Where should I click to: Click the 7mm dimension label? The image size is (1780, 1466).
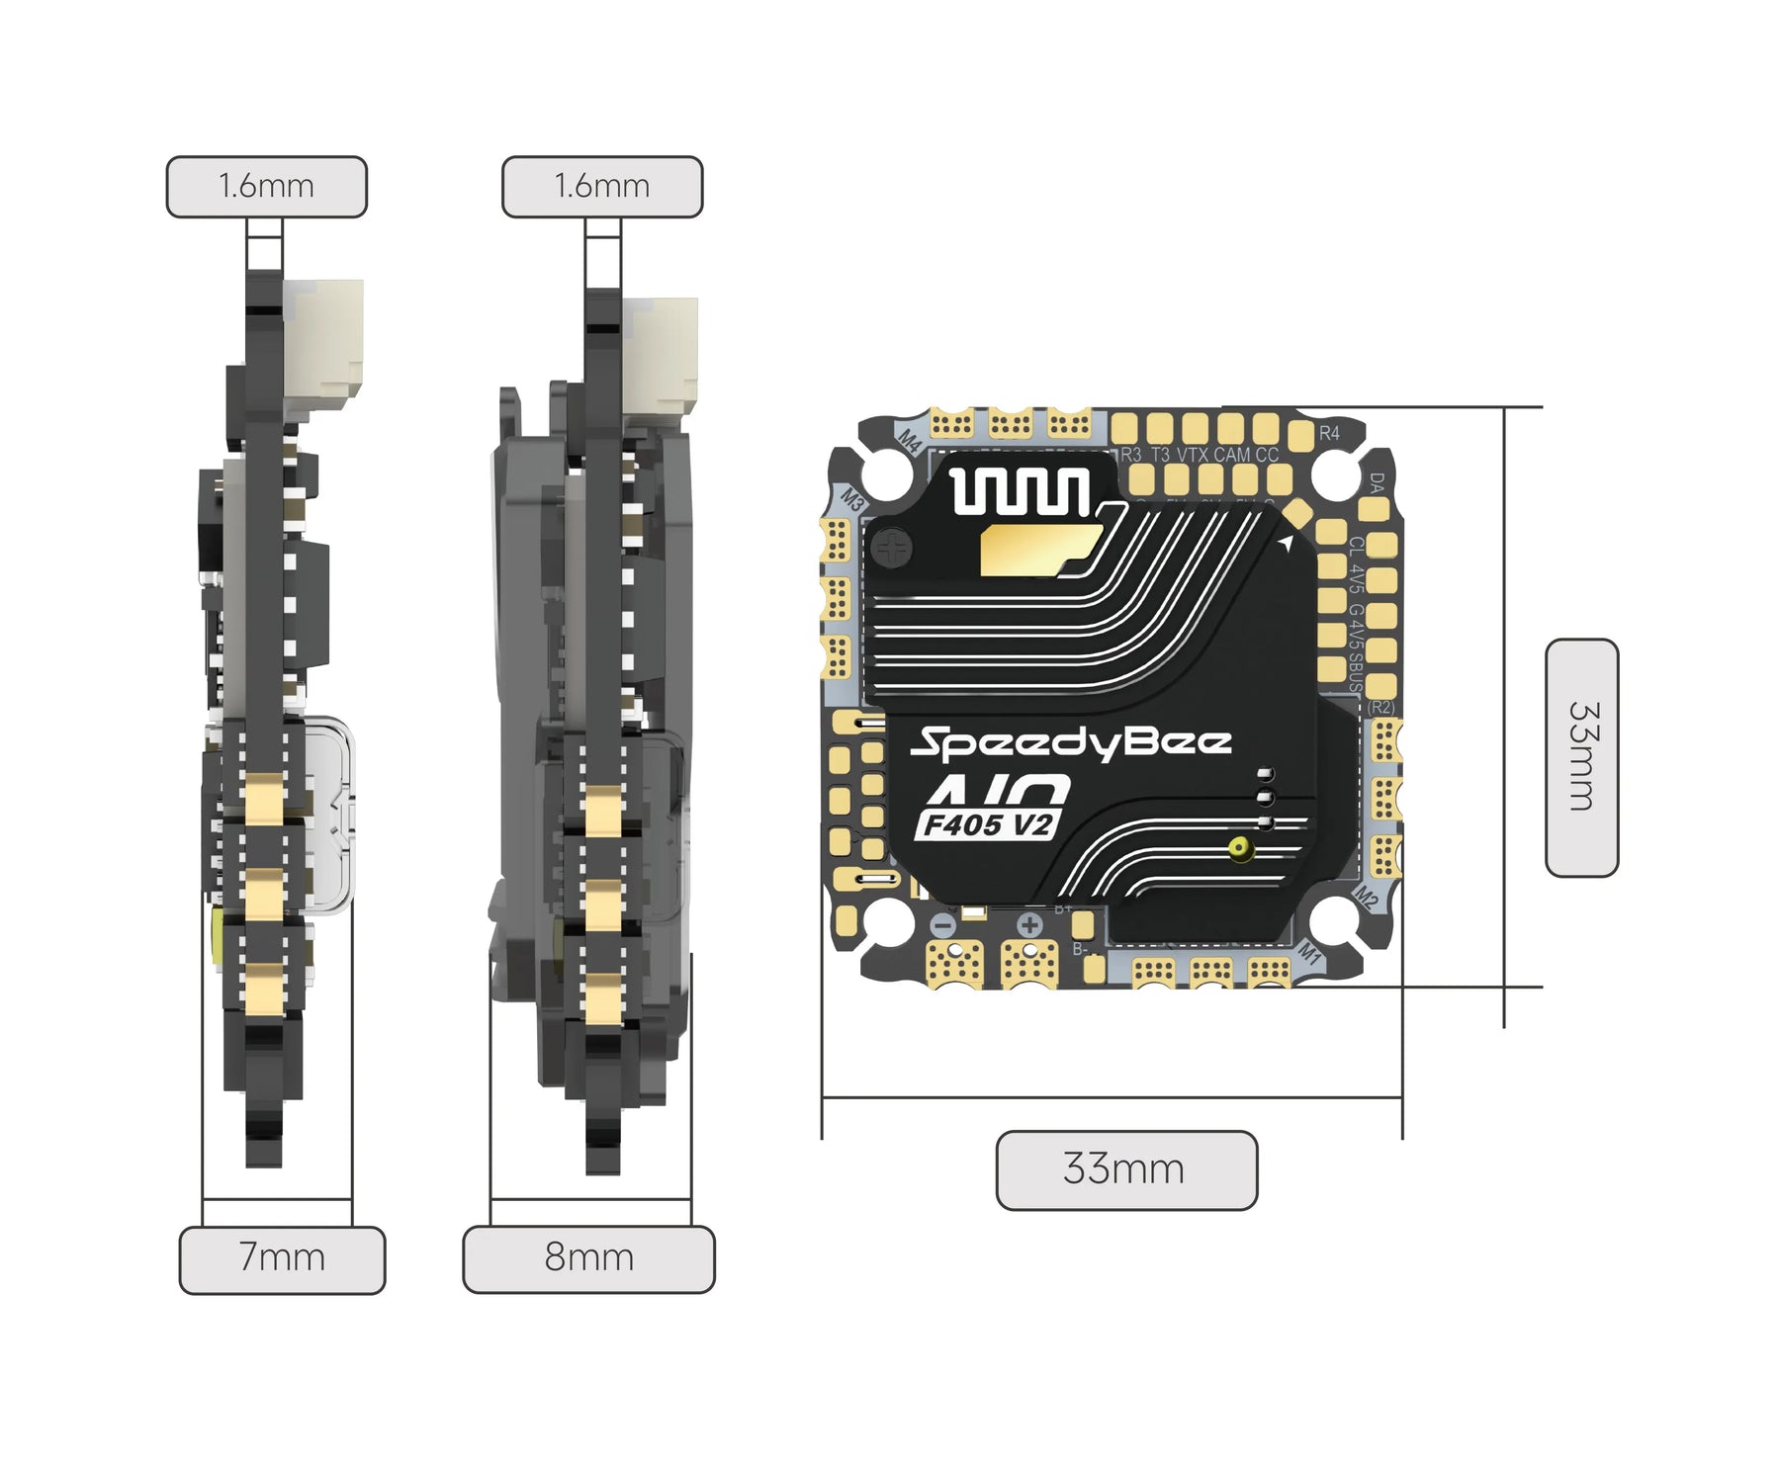(282, 1259)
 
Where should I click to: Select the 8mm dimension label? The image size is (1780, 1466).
(588, 1259)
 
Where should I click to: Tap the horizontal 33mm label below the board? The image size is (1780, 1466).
(1125, 1169)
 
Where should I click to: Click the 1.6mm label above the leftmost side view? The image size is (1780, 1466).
(266, 186)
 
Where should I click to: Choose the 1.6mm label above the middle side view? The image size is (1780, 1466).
(601, 186)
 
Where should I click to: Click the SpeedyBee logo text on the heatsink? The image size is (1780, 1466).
(1070, 742)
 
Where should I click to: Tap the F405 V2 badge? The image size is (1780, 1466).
(987, 823)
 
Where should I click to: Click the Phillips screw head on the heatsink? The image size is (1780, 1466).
(894, 547)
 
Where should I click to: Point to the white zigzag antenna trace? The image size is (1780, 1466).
(1020, 490)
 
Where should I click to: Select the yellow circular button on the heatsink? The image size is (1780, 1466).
(1239, 847)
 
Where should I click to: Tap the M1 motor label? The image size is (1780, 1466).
(1309, 953)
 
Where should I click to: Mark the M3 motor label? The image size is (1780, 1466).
(852, 498)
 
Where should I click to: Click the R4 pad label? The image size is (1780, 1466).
(1329, 433)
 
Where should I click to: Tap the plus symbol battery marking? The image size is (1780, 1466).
(1029, 925)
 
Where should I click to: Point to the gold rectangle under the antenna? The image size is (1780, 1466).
(1038, 549)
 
